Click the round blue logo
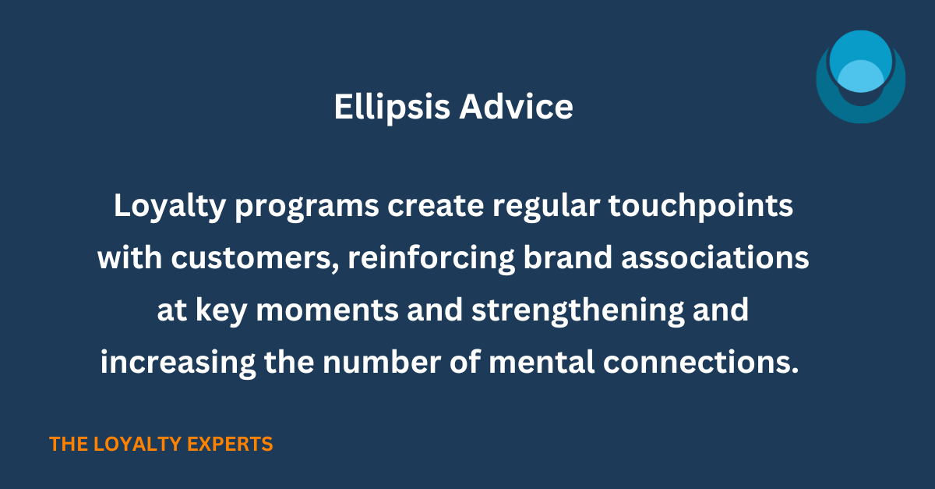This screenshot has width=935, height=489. coord(860,77)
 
